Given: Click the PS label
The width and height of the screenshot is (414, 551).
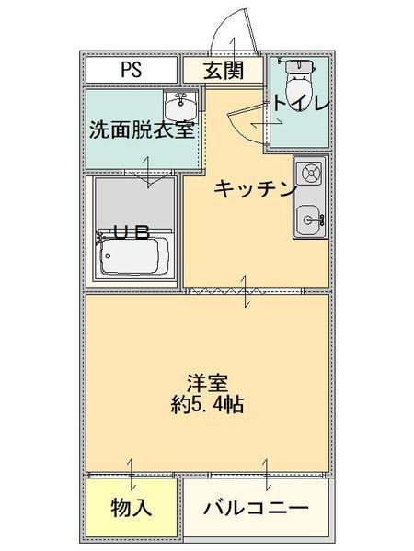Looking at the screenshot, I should click(x=131, y=70).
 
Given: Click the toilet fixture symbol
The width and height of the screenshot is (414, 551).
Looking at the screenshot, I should click(x=297, y=83).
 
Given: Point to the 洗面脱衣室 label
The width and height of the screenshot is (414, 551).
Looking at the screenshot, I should click(x=142, y=129).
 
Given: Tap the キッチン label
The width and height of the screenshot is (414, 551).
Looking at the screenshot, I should click(x=255, y=189).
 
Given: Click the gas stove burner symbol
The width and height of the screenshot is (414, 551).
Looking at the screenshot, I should click(x=311, y=172).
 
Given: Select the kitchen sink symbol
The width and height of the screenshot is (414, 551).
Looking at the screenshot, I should click(x=311, y=217).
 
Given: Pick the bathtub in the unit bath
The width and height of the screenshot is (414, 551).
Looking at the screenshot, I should click(x=135, y=259).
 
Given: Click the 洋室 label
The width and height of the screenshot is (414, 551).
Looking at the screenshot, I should click(x=207, y=382).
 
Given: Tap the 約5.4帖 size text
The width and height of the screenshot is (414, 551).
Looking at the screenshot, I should click(x=207, y=404).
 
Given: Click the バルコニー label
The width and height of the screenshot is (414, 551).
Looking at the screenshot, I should click(x=254, y=508).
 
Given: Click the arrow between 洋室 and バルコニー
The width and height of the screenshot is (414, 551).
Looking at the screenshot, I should click(x=267, y=474).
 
